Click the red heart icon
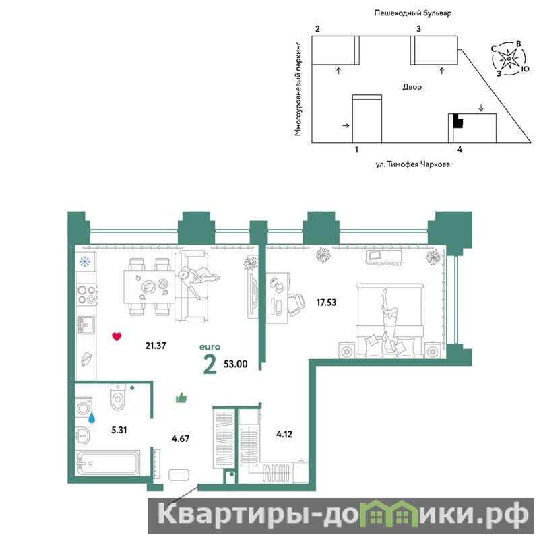pos(117,336)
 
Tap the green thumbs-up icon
pos(181,398)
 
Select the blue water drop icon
pos(92,418)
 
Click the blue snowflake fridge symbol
pos(85,261)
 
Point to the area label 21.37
pos(156,346)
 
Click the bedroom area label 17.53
pos(326,303)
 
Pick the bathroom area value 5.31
pos(119,430)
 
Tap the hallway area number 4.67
pos(181,439)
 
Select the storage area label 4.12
pos(284,434)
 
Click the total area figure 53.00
pos(235,364)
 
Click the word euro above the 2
pos(210,347)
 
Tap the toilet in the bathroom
pos(118,397)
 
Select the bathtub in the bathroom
pos(108,463)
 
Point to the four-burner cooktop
pos(86,294)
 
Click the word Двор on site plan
pos(412,87)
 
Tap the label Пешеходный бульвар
pos(412,13)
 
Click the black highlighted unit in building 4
pos(458,121)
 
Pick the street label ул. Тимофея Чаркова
pos(412,164)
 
